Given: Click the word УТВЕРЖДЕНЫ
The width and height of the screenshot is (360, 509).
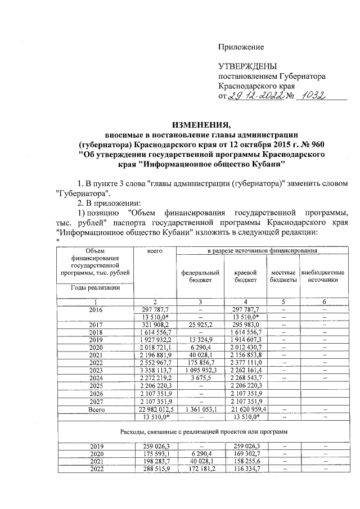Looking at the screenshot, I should [x=248, y=66].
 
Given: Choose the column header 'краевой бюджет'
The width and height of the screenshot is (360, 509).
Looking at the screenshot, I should [x=245, y=276].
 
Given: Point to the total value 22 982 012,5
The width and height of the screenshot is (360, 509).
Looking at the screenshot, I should [x=154, y=410].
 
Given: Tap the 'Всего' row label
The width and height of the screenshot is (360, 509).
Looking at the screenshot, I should [x=95, y=410].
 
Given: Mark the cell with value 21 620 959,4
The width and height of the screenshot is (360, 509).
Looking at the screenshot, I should [x=245, y=410].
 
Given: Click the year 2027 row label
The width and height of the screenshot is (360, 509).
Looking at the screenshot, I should [x=95, y=402].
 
